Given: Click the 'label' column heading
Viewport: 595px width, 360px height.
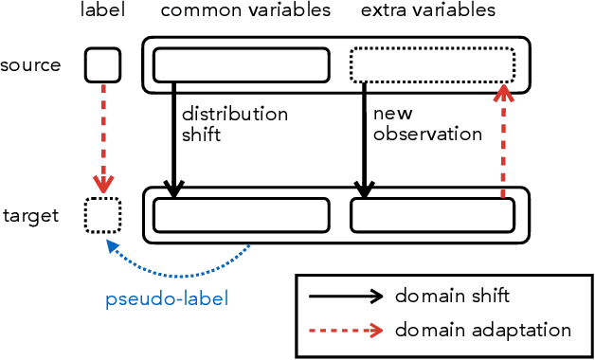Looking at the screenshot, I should click(x=101, y=11).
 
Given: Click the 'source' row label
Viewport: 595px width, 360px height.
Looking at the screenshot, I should click(x=30, y=65).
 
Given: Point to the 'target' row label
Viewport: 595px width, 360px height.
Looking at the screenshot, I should click(x=30, y=216).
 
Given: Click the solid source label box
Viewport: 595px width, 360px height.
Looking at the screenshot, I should click(x=102, y=65).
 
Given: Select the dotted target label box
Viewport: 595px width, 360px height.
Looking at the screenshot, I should click(x=102, y=216).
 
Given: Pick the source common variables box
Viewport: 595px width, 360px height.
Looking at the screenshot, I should click(x=241, y=65).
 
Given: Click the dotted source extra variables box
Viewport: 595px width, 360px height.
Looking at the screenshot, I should click(x=432, y=65).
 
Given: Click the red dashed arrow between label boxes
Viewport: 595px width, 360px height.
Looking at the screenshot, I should click(x=102, y=138).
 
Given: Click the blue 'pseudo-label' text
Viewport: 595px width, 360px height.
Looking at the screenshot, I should click(x=168, y=299).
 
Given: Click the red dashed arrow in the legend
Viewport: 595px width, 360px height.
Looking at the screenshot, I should click(x=347, y=330).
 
